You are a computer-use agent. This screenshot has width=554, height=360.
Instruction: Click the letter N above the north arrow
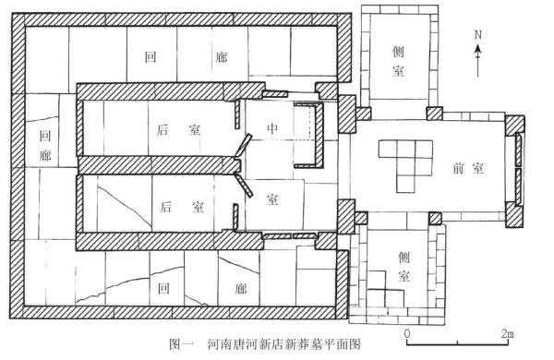[x=477, y=34]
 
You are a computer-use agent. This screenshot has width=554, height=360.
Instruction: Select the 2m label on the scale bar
[x=508, y=332]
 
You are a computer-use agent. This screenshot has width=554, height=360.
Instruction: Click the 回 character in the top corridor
[x=151, y=56]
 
